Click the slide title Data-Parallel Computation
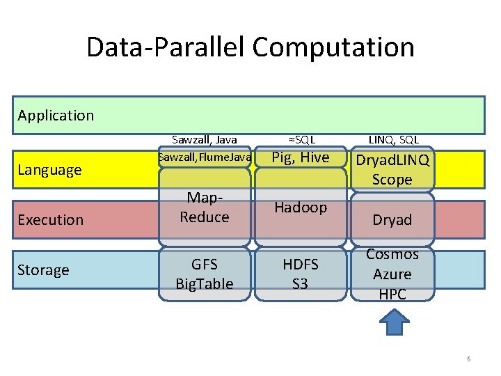click(x=250, y=47)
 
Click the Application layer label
click(x=56, y=115)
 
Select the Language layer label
click(x=49, y=169)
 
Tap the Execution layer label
click(x=50, y=219)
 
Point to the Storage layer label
click(x=43, y=269)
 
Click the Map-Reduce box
click(x=205, y=208)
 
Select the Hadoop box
click(x=300, y=207)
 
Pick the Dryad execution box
click(x=392, y=219)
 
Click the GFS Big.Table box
click(x=205, y=274)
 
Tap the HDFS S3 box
click(x=300, y=274)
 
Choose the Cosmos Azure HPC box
click(x=392, y=274)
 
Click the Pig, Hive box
click(x=300, y=157)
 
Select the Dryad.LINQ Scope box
click(x=392, y=169)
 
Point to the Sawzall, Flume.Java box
click(x=205, y=157)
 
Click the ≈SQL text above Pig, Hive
click(x=300, y=140)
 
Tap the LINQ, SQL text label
click(x=393, y=140)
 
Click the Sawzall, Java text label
click(x=205, y=140)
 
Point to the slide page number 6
click(x=468, y=359)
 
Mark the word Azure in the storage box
click(x=392, y=274)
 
